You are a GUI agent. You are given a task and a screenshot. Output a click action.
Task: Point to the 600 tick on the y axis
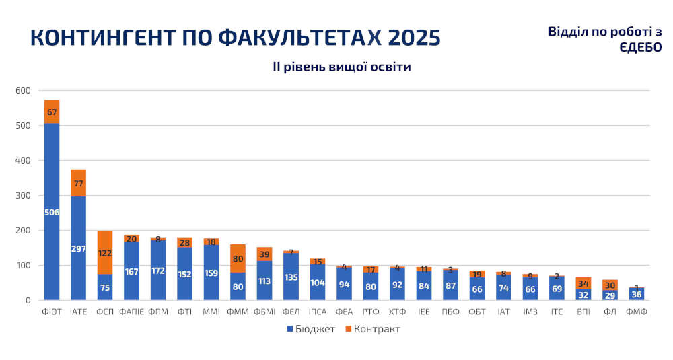(23, 91)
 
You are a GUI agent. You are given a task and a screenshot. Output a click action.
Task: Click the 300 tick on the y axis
(23, 196)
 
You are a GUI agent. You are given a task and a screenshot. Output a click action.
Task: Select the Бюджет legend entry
(310, 329)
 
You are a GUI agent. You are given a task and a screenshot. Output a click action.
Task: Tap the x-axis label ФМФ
(636, 312)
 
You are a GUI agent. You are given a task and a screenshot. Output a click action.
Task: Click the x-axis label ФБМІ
(264, 312)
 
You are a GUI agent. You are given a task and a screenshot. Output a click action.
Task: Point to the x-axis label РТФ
(370, 312)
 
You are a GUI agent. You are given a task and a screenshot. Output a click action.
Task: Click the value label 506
(52, 213)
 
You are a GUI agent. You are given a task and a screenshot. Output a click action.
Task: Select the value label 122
(105, 254)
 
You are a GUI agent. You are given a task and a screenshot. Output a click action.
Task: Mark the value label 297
(78, 249)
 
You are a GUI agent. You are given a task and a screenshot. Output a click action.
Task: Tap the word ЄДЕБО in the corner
(640, 48)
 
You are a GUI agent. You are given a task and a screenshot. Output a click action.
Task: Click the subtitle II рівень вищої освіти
(341, 67)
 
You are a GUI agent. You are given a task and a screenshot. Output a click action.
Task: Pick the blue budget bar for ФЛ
(610, 295)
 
